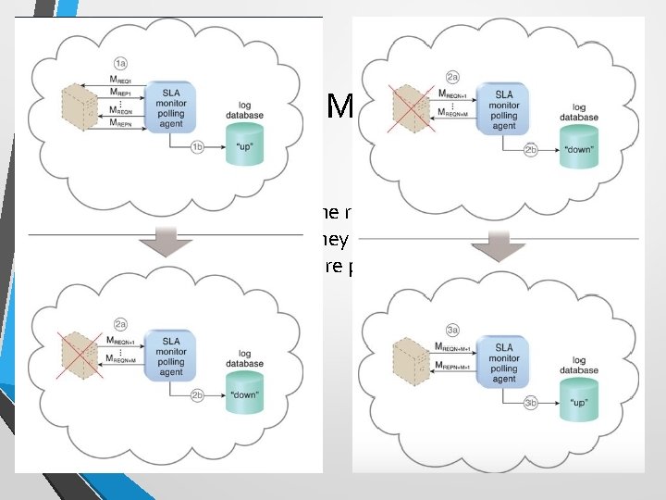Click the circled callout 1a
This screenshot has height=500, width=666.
120,62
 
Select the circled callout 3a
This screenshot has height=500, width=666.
452,329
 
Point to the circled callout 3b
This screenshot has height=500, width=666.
530,403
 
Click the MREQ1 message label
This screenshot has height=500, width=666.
120,81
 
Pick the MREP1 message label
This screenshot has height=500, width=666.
120,93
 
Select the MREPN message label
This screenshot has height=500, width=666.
121,122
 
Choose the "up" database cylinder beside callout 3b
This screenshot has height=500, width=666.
579,402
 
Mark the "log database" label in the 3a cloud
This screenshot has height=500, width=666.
579,366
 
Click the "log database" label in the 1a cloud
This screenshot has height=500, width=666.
246,110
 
